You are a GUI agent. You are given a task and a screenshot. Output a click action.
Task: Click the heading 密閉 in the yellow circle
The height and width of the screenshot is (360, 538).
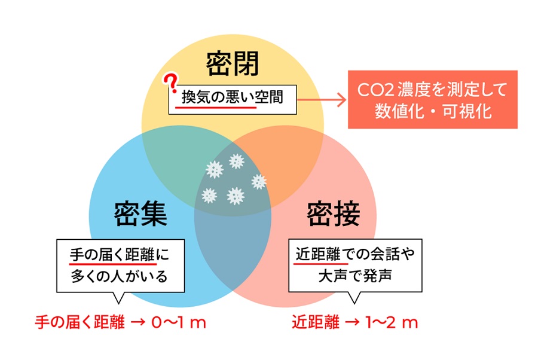233,64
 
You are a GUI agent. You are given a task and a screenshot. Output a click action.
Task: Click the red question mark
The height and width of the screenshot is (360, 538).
170,83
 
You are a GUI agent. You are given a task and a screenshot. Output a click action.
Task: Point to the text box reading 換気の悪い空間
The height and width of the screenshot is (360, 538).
233,99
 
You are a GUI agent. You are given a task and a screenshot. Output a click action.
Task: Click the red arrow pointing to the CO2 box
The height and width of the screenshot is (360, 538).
322,100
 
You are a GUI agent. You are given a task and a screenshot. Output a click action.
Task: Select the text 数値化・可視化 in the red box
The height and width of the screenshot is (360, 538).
433,112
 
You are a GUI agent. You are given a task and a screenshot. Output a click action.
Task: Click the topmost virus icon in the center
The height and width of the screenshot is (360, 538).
236,161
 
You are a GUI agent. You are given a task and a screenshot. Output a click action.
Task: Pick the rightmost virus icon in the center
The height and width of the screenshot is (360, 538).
259,182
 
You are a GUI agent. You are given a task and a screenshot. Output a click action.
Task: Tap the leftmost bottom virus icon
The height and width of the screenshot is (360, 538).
209,196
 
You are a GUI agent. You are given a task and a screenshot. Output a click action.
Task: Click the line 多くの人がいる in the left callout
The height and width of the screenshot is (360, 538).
119,276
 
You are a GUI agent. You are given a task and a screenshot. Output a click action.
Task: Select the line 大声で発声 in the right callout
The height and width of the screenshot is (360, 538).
355,276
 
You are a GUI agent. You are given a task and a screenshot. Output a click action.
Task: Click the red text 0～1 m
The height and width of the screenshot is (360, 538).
178,322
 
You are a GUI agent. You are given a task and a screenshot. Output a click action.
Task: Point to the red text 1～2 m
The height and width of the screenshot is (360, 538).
392,322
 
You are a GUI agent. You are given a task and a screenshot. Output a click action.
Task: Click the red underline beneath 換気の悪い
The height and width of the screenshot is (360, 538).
216,108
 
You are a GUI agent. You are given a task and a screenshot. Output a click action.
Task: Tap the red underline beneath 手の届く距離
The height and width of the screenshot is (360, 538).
113,264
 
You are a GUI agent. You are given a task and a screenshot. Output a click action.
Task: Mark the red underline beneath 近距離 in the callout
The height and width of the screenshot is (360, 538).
321,264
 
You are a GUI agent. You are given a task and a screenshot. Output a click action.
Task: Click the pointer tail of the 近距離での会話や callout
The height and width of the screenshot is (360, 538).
354,298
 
